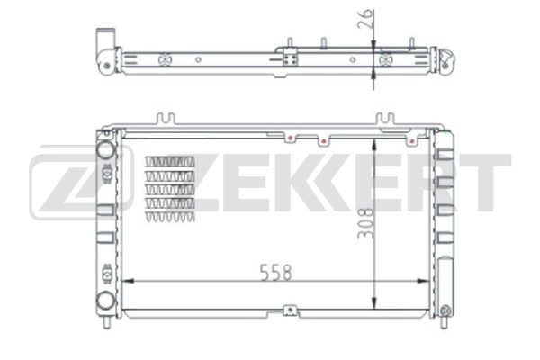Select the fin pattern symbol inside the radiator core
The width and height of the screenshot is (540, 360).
[169, 190]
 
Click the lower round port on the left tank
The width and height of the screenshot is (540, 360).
[105, 301]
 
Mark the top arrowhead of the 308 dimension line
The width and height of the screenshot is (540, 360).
[374, 141]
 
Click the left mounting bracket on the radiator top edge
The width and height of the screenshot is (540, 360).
[163, 119]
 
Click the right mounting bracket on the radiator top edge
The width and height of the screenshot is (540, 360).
[384, 119]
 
